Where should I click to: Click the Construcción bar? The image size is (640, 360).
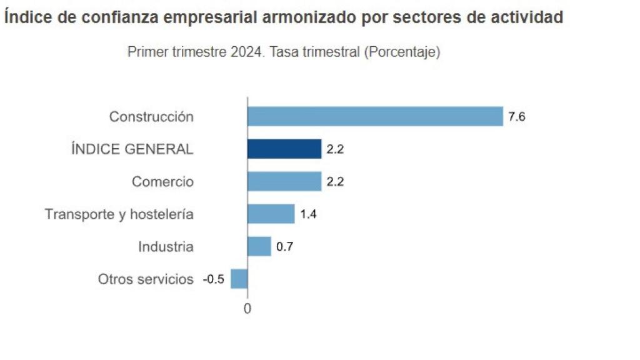point(375,116)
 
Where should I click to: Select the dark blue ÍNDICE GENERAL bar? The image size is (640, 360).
point(284,149)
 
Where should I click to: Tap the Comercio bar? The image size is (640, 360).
point(284,181)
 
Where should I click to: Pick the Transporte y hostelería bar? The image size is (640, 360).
point(271,214)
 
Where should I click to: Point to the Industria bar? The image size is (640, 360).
point(259,246)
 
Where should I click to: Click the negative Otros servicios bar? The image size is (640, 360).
point(239,279)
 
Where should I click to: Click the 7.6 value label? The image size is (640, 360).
point(517,117)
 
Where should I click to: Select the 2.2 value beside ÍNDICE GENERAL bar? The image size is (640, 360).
point(336,149)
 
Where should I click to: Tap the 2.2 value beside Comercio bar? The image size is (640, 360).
point(336,182)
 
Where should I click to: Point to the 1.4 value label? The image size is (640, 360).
point(309,214)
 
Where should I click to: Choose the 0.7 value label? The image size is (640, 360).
point(285,247)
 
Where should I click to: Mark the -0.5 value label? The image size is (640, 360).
point(213,279)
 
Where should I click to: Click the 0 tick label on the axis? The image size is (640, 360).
point(247,309)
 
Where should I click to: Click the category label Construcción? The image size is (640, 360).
point(151,117)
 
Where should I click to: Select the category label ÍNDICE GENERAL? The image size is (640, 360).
point(132,149)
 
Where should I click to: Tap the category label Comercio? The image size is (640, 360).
point(162,182)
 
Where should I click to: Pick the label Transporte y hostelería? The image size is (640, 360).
point(119,214)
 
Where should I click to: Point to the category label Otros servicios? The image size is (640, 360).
point(146,279)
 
